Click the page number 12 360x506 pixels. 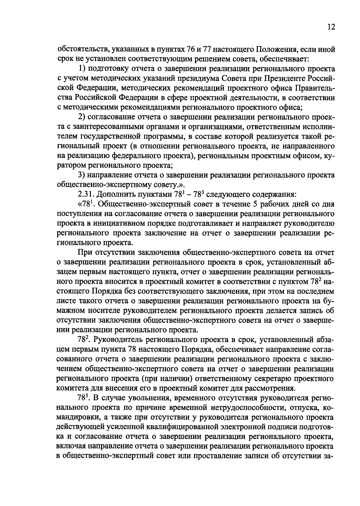(x=331, y=27)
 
